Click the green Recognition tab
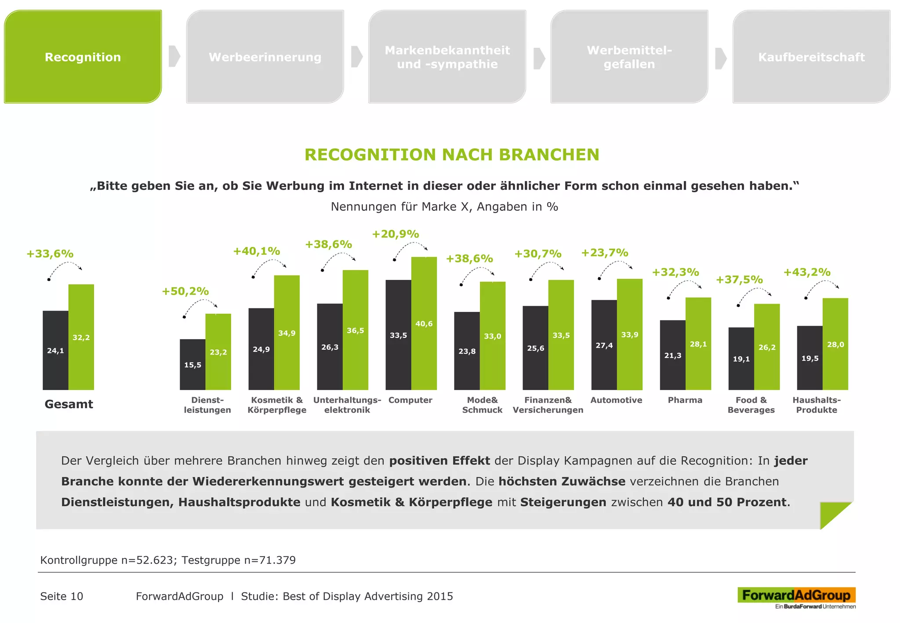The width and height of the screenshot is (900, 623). click(83, 57)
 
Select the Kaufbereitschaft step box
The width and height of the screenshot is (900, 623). click(811, 57)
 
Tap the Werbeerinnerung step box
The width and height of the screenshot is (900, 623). click(265, 57)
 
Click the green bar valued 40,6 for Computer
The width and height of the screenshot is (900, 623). click(424, 323)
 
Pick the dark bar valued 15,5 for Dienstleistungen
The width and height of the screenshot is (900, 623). click(192, 365)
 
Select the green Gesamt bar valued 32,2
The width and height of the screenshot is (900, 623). click(81, 337)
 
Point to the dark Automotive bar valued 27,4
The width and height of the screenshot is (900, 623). click(604, 345)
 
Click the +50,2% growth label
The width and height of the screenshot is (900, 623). click(185, 291)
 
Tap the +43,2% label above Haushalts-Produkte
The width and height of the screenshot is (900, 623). click(807, 272)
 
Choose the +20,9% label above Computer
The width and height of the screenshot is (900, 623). click(396, 234)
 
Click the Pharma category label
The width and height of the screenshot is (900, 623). click(685, 400)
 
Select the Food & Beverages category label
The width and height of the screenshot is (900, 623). click(751, 405)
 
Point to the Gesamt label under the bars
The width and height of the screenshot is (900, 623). click(69, 404)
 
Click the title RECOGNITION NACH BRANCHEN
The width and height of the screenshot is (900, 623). click(452, 155)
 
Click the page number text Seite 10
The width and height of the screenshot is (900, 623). click(62, 596)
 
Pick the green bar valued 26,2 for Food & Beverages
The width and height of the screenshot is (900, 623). click(767, 347)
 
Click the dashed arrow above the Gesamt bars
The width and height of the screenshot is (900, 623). click(65, 267)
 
